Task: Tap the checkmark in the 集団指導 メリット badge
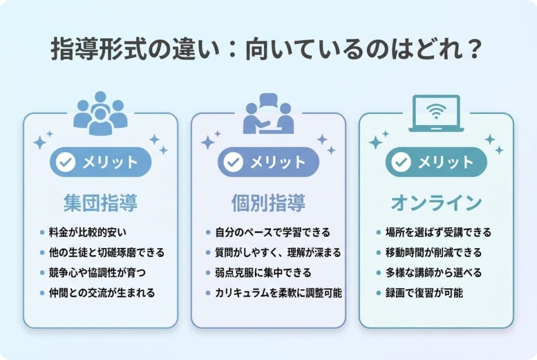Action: (x=66, y=162)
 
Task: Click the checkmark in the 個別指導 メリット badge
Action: (x=233, y=162)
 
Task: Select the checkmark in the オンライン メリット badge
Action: (x=401, y=162)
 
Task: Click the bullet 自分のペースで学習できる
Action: (x=273, y=232)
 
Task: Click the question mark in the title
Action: (x=474, y=50)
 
